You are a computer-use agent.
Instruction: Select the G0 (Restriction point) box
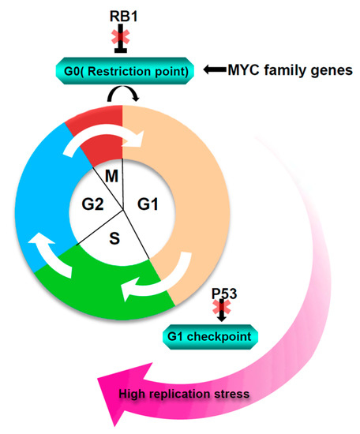tap(125, 72)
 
